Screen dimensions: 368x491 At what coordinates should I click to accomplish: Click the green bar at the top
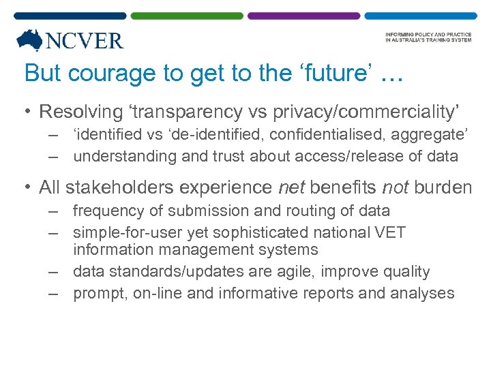click(186, 15)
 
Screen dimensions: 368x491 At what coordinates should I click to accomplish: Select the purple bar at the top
click(303, 15)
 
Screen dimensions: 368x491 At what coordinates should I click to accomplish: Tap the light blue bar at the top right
click(420, 15)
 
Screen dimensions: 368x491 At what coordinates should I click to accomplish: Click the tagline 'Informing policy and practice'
click(428, 35)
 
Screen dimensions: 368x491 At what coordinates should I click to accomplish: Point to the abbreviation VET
click(391, 232)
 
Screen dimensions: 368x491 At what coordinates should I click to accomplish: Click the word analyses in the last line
click(422, 293)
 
